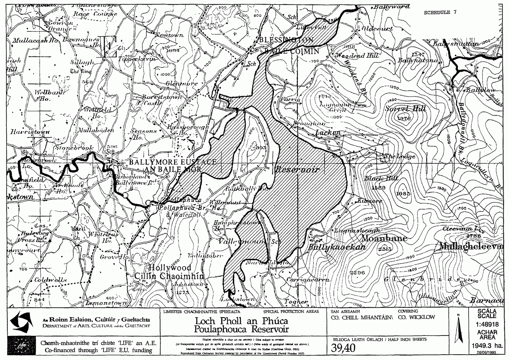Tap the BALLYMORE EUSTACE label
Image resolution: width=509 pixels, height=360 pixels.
click(172, 162)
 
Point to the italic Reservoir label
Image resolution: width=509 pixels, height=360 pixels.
click(297, 170)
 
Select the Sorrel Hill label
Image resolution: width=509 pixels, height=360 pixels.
click(405, 109)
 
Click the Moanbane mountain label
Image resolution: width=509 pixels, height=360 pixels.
click(384, 238)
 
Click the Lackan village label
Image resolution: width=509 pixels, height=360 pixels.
click(328, 133)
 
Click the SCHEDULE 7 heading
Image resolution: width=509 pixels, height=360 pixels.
click(440, 12)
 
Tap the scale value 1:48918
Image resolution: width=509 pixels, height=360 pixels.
click(487, 325)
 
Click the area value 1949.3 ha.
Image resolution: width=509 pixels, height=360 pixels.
click(487, 345)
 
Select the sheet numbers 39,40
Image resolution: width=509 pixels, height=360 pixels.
click(343, 349)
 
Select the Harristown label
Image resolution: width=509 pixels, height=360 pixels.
click(30, 132)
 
